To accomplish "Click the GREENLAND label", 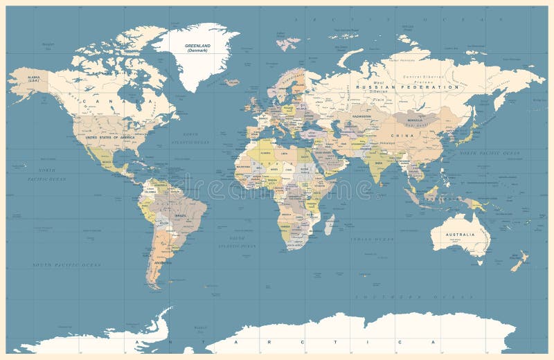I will click(x=197, y=46).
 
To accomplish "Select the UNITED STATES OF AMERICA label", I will click(x=110, y=137).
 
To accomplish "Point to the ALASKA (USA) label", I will click(x=33, y=80).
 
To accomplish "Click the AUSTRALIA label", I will click(x=460, y=235).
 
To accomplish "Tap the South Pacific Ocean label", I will click(x=66, y=264).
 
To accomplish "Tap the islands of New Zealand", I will click(x=519, y=261).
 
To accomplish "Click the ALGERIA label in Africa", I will click(x=263, y=154).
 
